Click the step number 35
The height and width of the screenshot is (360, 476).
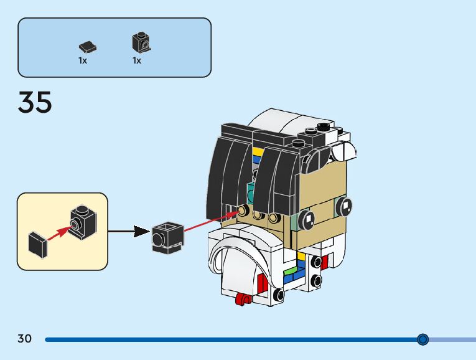click(35, 102)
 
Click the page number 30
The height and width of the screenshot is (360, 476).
click(24, 339)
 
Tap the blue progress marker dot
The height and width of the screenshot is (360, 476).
click(423, 339)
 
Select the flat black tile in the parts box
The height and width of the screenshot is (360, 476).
click(88, 46)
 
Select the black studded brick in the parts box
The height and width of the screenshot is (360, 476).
click(141, 42)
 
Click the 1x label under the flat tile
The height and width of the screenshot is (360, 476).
click(83, 61)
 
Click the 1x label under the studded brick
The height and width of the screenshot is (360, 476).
click(137, 61)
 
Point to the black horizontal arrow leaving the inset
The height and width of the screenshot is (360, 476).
click(129, 232)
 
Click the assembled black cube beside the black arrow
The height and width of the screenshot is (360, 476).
click(167, 237)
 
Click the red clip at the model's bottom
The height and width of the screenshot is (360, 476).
click(242, 300)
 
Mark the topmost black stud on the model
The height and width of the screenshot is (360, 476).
click(323, 128)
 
